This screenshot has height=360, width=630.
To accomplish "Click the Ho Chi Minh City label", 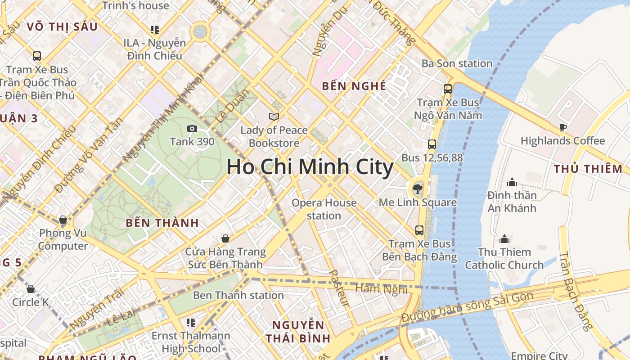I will pyautogui.click(x=310, y=167).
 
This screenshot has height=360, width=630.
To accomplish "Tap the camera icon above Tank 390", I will pyautogui.click(x=192, y=129).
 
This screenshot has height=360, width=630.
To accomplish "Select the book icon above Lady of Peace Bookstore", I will pyautogui.click(x=274, y=117).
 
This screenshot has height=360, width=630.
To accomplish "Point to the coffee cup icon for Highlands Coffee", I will pyautogui.click(x=562, y=128).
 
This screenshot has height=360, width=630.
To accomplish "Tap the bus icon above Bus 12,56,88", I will pyautogui.click(x=432, y=144).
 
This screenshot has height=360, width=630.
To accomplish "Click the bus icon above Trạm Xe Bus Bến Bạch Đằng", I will pyautogui.click(x=419, y=230).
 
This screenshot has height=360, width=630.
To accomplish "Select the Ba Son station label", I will pyautogui.click(x=457, y=63).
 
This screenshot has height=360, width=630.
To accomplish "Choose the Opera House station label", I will pyautogui.click(x=324, y=209).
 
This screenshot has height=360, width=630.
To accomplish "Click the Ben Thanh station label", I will pyautogui.click(x=238, y=296).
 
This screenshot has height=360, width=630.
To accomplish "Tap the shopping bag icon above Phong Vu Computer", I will pyautogui.click(x=63, y=220).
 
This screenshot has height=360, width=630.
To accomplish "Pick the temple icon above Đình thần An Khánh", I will pyautogui.click(x=512, y=182).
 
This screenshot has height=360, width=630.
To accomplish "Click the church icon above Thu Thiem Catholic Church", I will pyautogui.click(x=504, y=238).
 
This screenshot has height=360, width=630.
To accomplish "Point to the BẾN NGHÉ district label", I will pyautogui.click(x=354, y=86).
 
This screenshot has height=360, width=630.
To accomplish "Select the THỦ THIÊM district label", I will pyautogui.click(x=588, y=169).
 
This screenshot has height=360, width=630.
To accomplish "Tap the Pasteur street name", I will pyautogui.click(x=339, y=288).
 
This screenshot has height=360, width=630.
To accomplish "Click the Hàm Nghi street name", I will pyautogui.click(x=381, y=289).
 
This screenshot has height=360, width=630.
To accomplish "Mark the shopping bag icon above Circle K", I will pyautogui.click(x=31, y=289).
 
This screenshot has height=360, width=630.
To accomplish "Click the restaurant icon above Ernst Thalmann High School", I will pyautogui.click(x=191, y=323).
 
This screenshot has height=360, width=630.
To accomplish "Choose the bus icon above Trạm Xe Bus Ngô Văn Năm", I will pyautogui.click(x=447, y=89).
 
